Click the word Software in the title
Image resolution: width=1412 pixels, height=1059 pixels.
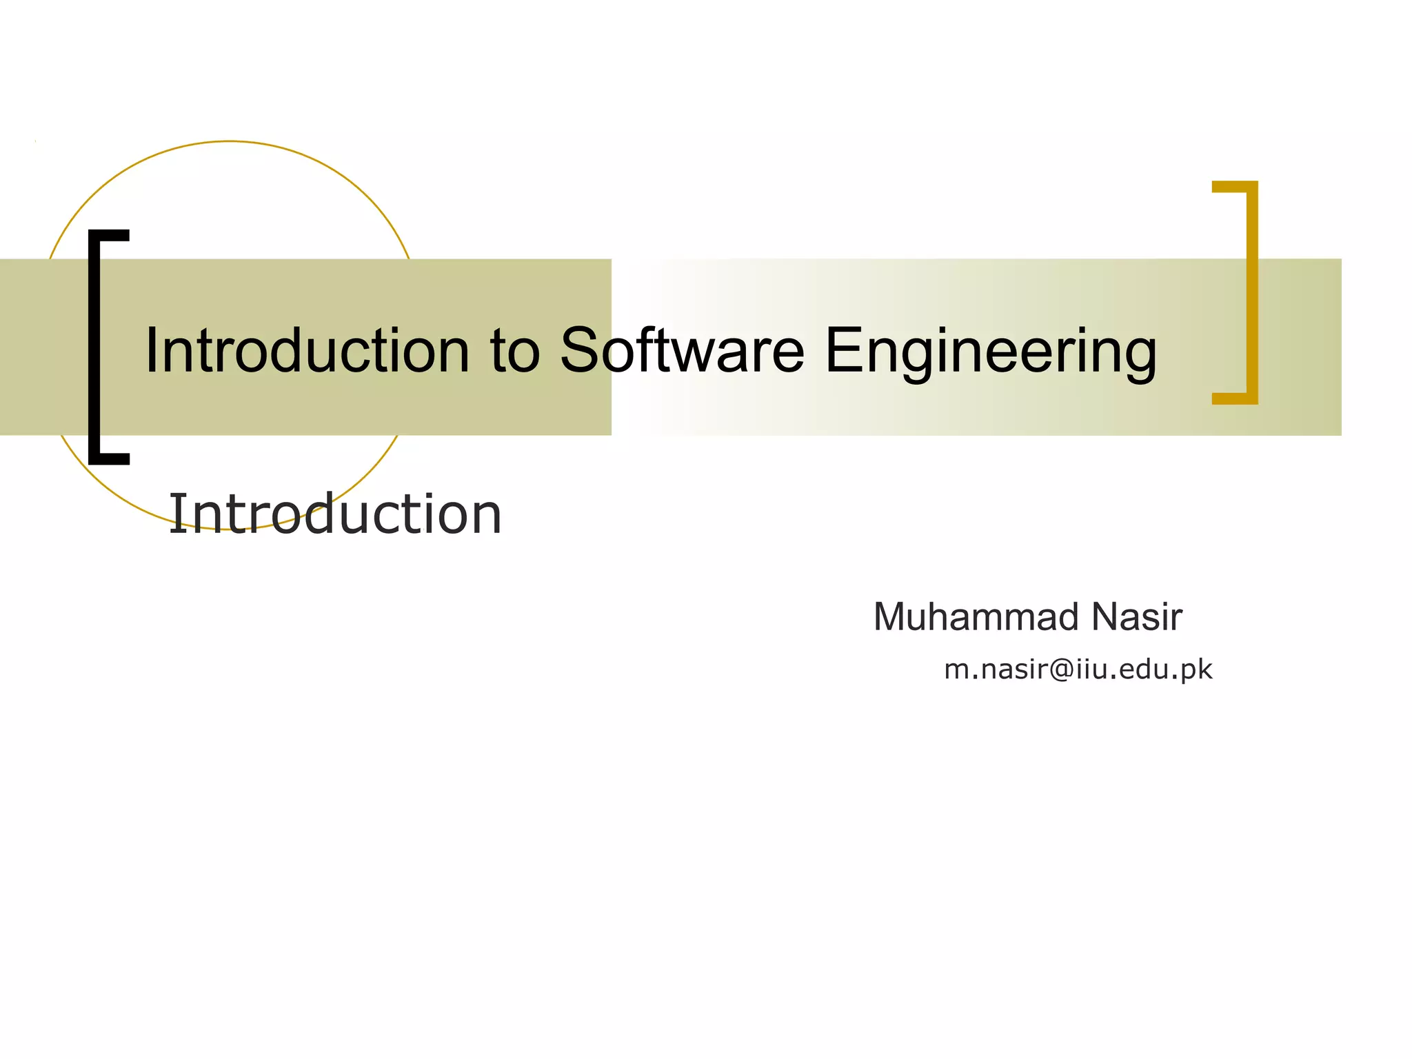click(x=681, y=351)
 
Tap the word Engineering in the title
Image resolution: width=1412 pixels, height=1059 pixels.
click(x=990, y=352)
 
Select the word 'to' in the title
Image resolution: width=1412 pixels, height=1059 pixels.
click(x=514, y=351)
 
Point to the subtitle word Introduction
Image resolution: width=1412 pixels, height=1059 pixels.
click(x=335, y=514)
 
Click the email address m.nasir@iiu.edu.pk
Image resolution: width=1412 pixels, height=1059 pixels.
click(x=1078, y=669)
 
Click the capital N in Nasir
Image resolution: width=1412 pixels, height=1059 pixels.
click(x=1105, y=616)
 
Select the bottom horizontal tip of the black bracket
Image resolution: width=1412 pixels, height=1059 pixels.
click(x=110, y=458)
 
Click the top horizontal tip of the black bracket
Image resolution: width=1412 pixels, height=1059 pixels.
click(x=110, y=235)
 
